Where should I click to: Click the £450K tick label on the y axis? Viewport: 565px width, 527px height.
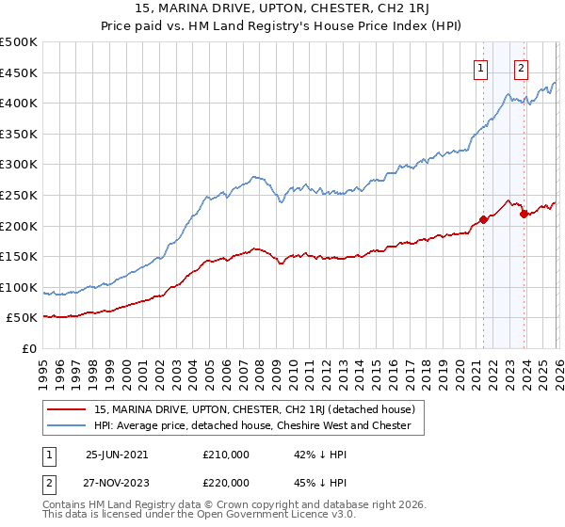[19, 72]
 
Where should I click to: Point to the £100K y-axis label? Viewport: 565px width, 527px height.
[19, 287]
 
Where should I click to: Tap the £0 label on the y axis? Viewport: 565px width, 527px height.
[29, 349]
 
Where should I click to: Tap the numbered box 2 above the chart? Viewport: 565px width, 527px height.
[521, 67]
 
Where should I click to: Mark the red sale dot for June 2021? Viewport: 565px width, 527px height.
[483, 219]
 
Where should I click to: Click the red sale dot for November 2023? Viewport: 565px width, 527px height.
[524, 215]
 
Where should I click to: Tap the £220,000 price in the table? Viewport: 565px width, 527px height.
[225, 482]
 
